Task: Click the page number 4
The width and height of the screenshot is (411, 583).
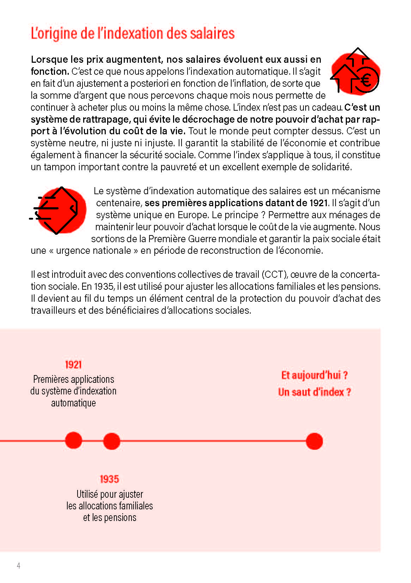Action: coord(18,566)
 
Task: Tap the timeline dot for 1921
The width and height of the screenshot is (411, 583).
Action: coord(73,441)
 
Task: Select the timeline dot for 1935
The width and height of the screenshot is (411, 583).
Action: coord(112,441)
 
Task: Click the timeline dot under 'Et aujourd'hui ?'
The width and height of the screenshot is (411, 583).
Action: coord(314,441)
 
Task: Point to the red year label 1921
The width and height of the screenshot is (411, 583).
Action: coord(73,364)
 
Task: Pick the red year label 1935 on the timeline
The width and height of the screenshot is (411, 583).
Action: coord(109,479)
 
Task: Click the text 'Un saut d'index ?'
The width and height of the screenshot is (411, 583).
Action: coord(314,392)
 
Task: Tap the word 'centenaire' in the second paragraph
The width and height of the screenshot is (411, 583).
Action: coord(119,203)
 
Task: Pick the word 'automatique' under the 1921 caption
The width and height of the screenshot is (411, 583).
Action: coord(73,403)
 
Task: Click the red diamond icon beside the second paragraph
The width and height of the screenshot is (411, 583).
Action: coord(58,210)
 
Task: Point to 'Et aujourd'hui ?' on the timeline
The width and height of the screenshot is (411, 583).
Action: coord(314,375)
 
